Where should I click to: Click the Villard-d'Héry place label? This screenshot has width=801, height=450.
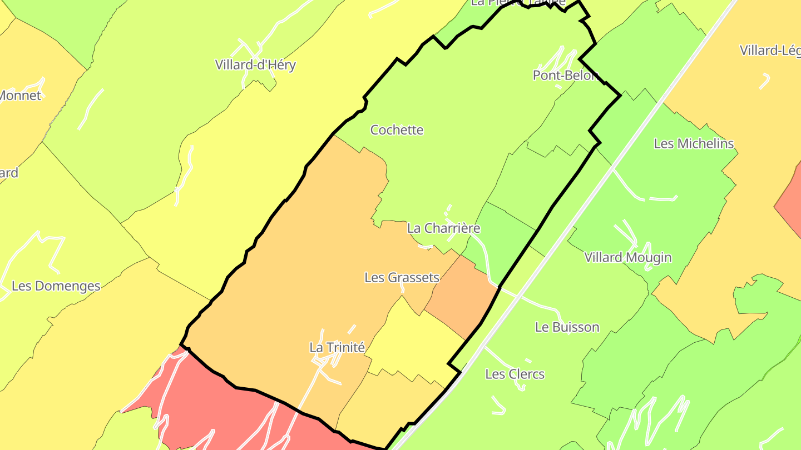pos(255,65)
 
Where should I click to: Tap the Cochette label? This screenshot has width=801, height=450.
pos(397,130)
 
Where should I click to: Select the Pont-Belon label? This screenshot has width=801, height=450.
pos(565,76)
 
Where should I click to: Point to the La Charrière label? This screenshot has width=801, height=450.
pos(443,228)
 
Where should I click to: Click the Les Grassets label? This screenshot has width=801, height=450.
pos(402,277)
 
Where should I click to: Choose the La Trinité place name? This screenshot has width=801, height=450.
pos(337,348)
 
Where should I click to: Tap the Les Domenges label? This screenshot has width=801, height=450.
pos(56,286)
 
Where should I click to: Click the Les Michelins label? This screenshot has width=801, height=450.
pos(694,144)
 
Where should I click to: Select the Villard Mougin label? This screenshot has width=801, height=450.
pos(627,258)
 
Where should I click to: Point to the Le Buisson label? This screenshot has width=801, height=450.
pos(567,327)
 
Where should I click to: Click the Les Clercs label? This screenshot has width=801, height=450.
pos(515,374)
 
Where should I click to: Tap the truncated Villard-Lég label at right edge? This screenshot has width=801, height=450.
pos(770,51)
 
